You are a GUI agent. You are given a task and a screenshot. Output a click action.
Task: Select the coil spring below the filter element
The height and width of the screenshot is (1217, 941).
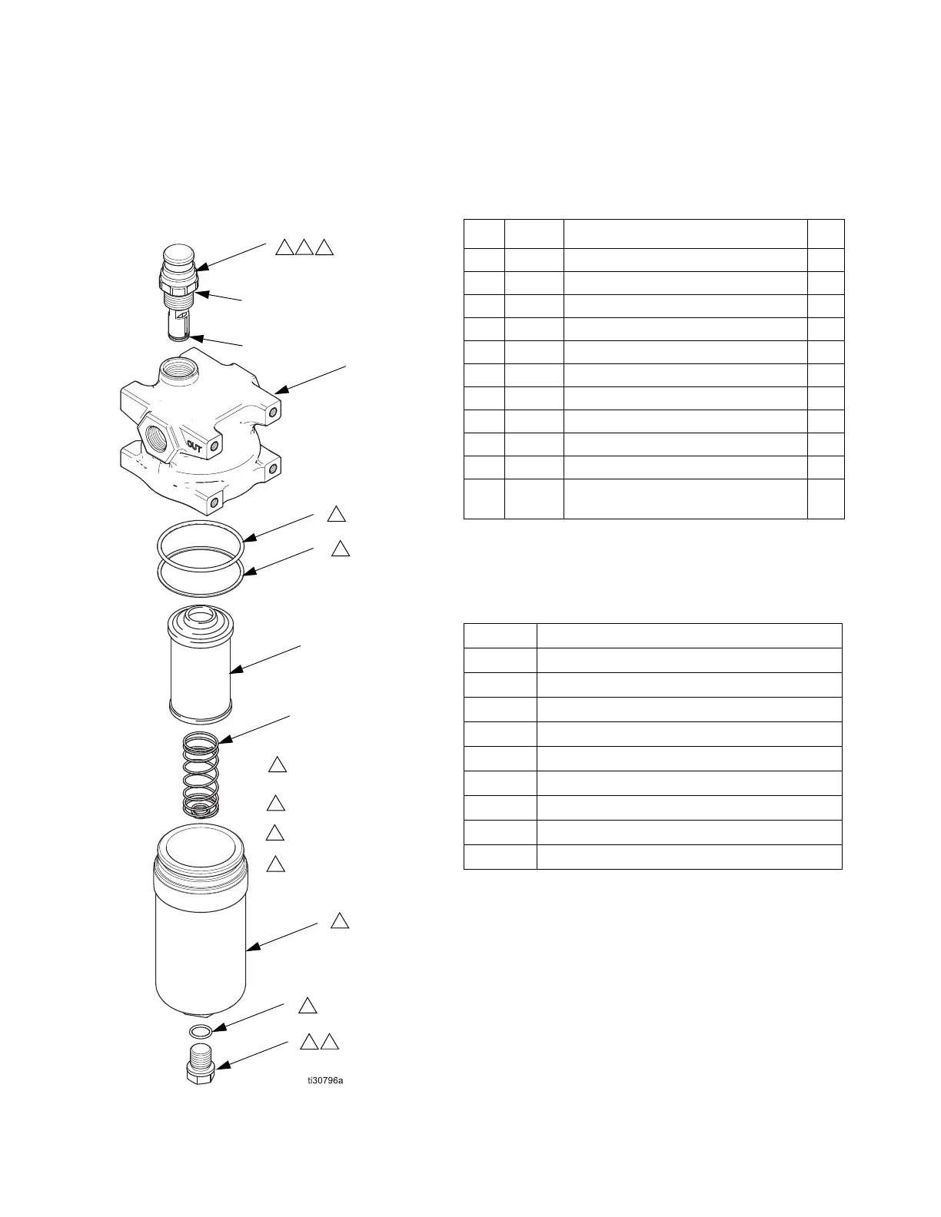coord(201,776)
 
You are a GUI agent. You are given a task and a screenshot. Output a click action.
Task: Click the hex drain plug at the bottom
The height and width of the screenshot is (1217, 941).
coord(201,1065)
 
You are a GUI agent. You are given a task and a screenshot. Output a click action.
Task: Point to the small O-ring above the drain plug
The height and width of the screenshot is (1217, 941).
coord(200,1030)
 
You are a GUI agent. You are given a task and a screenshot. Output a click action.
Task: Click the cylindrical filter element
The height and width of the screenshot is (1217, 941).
coord(200,676)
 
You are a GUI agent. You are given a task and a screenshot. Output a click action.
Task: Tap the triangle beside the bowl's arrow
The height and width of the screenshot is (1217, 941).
coord(340,920)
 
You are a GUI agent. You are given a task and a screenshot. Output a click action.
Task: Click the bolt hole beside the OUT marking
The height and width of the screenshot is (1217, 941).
coord(214,446)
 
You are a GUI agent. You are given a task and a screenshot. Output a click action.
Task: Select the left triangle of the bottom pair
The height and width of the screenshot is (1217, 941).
coord(308,1042)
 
